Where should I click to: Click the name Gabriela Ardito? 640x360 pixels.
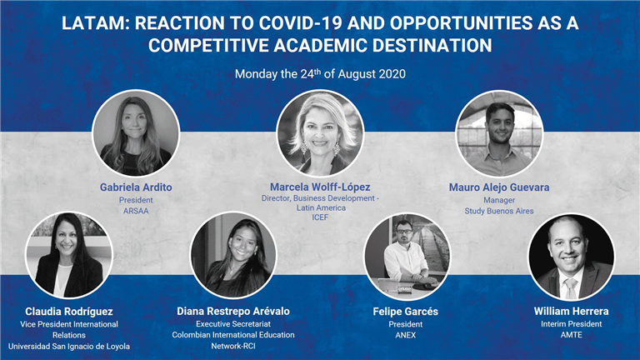[136, 187]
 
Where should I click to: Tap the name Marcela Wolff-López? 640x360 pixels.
[320, 187]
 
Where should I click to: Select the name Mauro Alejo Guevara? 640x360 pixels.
[499, 187]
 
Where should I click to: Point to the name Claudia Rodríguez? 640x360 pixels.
[69, 312]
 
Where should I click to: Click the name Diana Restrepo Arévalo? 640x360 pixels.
[233, 311]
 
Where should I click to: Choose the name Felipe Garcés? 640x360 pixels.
[405, 312]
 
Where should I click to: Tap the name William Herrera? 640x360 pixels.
[571, 311]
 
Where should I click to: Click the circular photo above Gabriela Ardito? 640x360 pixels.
[136, 133]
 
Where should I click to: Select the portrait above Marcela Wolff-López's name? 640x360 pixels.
[320, 133]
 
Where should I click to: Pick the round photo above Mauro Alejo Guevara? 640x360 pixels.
[499, 134]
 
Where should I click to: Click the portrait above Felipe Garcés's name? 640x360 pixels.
[407, 257]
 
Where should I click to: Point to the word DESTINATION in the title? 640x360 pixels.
[432, 45]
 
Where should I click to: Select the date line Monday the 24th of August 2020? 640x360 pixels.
[320, 74]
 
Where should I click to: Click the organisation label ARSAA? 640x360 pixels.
[136, 211]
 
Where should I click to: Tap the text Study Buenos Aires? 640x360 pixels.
[499, 211]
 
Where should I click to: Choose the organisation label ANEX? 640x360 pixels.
[405, 335]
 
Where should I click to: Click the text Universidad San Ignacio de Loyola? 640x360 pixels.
[69, 346]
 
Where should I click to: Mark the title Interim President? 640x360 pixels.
[571, 324]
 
